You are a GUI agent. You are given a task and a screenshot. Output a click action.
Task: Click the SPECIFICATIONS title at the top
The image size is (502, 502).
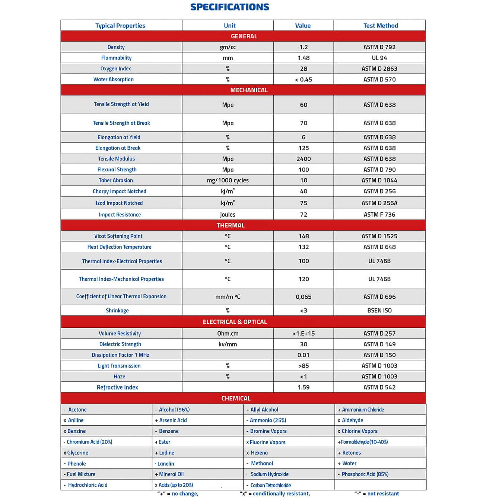click(x=229, y=7)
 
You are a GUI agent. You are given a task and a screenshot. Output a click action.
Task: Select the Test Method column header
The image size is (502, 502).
click(x=381, y=25)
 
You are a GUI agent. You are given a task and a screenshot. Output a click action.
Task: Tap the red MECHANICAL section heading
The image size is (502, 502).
click(x=249, y=90)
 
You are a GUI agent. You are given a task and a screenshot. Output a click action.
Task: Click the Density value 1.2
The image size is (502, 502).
click(x=304, y=47)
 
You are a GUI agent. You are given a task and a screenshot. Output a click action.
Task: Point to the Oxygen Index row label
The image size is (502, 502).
click(x=115, y=69)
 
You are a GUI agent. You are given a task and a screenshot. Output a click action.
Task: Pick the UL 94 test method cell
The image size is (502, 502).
click(x=379, y=58)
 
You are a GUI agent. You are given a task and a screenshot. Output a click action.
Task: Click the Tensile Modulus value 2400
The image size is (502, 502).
click(x=304, y=159)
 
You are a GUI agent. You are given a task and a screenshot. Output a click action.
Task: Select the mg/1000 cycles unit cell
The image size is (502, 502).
click(x=228, y=180)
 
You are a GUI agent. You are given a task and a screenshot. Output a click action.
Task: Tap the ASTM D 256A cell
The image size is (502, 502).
click(x=379, y=203)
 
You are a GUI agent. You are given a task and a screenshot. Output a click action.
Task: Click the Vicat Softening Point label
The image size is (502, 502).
click(x=118, y=236)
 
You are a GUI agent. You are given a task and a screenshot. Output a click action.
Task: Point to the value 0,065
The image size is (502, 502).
click(x=304, y=297)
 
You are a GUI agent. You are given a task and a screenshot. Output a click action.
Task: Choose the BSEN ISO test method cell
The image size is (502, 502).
click(x=379, y=311)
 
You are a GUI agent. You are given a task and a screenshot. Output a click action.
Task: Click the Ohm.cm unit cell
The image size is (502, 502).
click(x=228, y=333)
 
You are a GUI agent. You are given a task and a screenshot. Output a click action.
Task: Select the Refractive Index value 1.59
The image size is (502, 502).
click(x=304, y=387)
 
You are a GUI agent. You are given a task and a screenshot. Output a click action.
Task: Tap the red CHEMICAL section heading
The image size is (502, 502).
click(x=236, y=398)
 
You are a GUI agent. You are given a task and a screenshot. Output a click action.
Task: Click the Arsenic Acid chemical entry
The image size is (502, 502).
click(x=173, y=420)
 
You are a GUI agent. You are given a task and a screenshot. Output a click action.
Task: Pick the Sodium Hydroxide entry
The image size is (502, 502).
click(x=269, y=474)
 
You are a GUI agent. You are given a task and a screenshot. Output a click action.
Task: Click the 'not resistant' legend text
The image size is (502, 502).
click(x=383, y=494)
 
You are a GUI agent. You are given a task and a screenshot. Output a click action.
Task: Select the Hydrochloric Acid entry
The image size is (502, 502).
click(x=88, y=485)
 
